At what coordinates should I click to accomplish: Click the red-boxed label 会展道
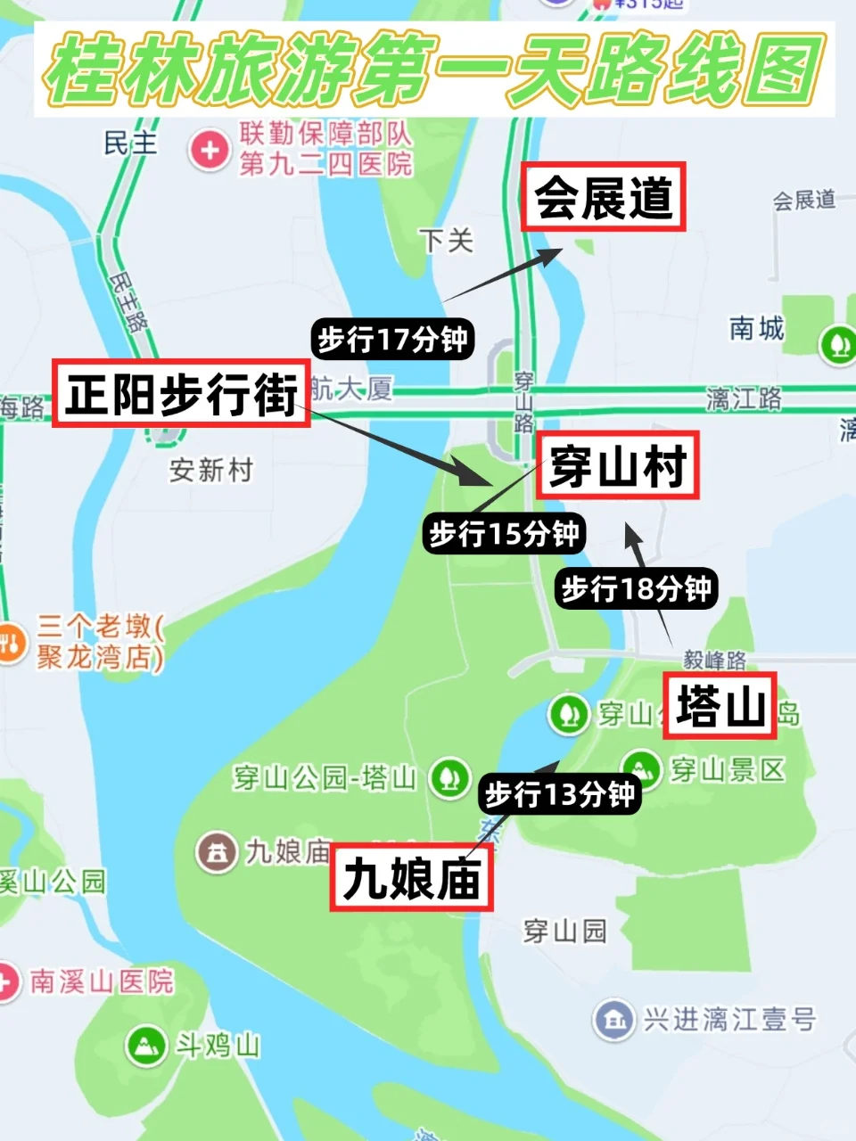[x=603, y=197]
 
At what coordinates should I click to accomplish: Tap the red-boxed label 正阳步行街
[x=181, y=393]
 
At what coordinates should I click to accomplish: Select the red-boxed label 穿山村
[x=617, y=465]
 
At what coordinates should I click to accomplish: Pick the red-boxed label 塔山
[x=720, y=706]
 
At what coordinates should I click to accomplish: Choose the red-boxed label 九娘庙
[x=411, y=879]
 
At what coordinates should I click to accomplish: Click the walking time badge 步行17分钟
[x=392, y=340]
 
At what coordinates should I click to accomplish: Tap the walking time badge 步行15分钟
[x=504, y=534]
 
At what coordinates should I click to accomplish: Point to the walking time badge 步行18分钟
[x=636, y=588]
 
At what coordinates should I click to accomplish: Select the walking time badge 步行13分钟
[x=559, y=793]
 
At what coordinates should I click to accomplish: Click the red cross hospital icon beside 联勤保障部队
[x=210, y=150]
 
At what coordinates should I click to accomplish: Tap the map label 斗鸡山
[x=218, y=1045]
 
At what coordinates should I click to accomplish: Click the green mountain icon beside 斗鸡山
[x=146, y=1045]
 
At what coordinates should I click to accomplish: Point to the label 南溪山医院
[x=101, y=982]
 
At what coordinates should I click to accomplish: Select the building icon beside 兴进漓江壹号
[x=613, y=1019]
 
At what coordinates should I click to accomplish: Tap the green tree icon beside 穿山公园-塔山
[x=449, y=777]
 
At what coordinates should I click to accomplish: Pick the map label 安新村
[x=211, y=470]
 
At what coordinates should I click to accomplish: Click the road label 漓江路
[x=744, y=398]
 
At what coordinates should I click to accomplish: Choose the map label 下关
[x=446, y=240]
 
